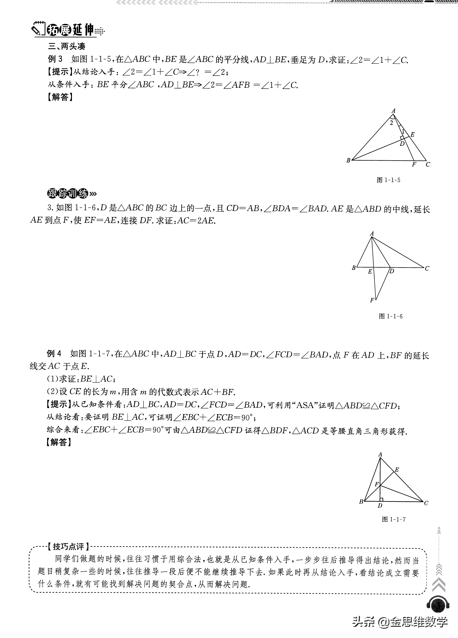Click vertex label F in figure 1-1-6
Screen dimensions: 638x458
[x=372, y=300]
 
